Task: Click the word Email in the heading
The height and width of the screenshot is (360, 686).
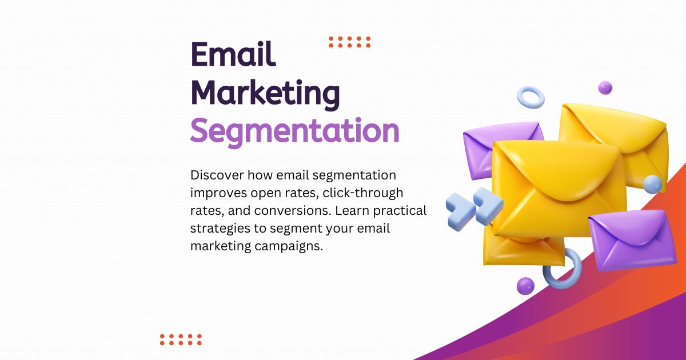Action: coord(233,55)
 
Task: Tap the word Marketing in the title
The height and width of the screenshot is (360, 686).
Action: coord(265,93)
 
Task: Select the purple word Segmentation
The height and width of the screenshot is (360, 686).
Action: coord(294,131)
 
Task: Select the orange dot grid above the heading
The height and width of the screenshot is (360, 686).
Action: coord(350,42)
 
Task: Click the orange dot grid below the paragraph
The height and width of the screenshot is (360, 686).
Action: coord(181,339)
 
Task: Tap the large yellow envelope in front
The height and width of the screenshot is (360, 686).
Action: coord(557,189)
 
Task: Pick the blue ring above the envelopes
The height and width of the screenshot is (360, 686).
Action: coord(531,97)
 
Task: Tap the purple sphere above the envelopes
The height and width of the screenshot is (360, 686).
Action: coord(605,87)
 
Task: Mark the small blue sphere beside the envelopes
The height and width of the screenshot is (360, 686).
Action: coord(652,184)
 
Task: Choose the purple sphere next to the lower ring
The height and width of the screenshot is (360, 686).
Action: coord(525,286)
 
